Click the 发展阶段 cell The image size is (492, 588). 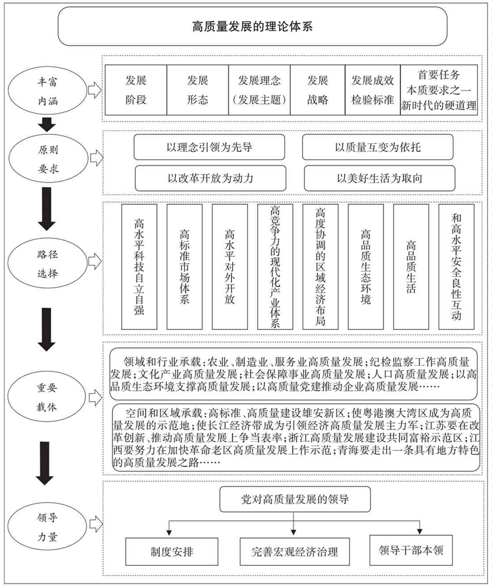[136, 90]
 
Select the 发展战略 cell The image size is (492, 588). [317, 90]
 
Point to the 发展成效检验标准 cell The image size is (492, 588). [373, 90]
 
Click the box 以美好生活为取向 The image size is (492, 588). [379, 178]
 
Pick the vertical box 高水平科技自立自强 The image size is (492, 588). [139, 267]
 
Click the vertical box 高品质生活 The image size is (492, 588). [411, 267]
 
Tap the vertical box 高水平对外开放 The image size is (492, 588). [230, 267]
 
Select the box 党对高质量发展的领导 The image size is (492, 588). [295, 500]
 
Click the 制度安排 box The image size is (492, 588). [168, 550]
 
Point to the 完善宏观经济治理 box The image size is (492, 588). [295, 550]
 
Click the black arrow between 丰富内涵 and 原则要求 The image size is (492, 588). [48, 123]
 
